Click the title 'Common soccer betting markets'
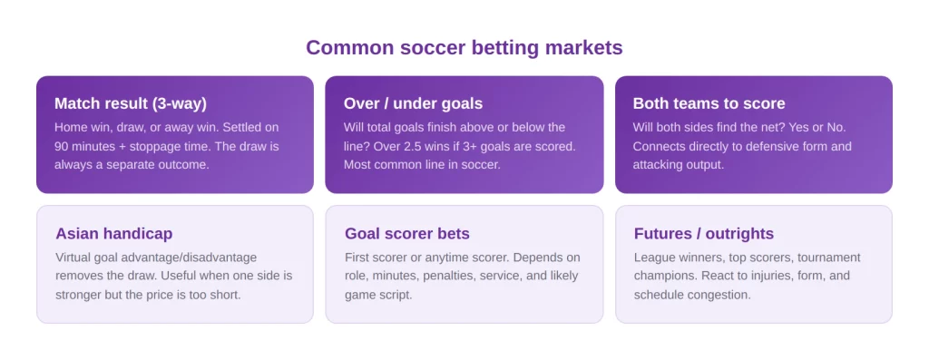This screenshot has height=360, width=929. (x=464, y=47)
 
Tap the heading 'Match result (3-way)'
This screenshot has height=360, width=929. (x=131, y=103)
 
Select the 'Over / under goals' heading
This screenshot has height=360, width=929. (x=413, y=103)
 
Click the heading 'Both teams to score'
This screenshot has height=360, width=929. (x=709, y=103)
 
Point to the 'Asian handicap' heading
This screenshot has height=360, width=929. (x=113, y=233)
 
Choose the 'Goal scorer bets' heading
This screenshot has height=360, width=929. (x=407, y=233)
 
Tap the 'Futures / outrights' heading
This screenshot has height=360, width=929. (x=704, y=233)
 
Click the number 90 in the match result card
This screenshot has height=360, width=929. (x=62, y=146)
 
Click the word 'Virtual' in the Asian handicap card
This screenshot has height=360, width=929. (x=74, y=258)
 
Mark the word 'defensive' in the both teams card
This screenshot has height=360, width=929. (x=770, y=146)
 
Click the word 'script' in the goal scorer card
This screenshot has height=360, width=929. (x=396, y=295)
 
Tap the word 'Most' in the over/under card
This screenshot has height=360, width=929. (x=356, y=164)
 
